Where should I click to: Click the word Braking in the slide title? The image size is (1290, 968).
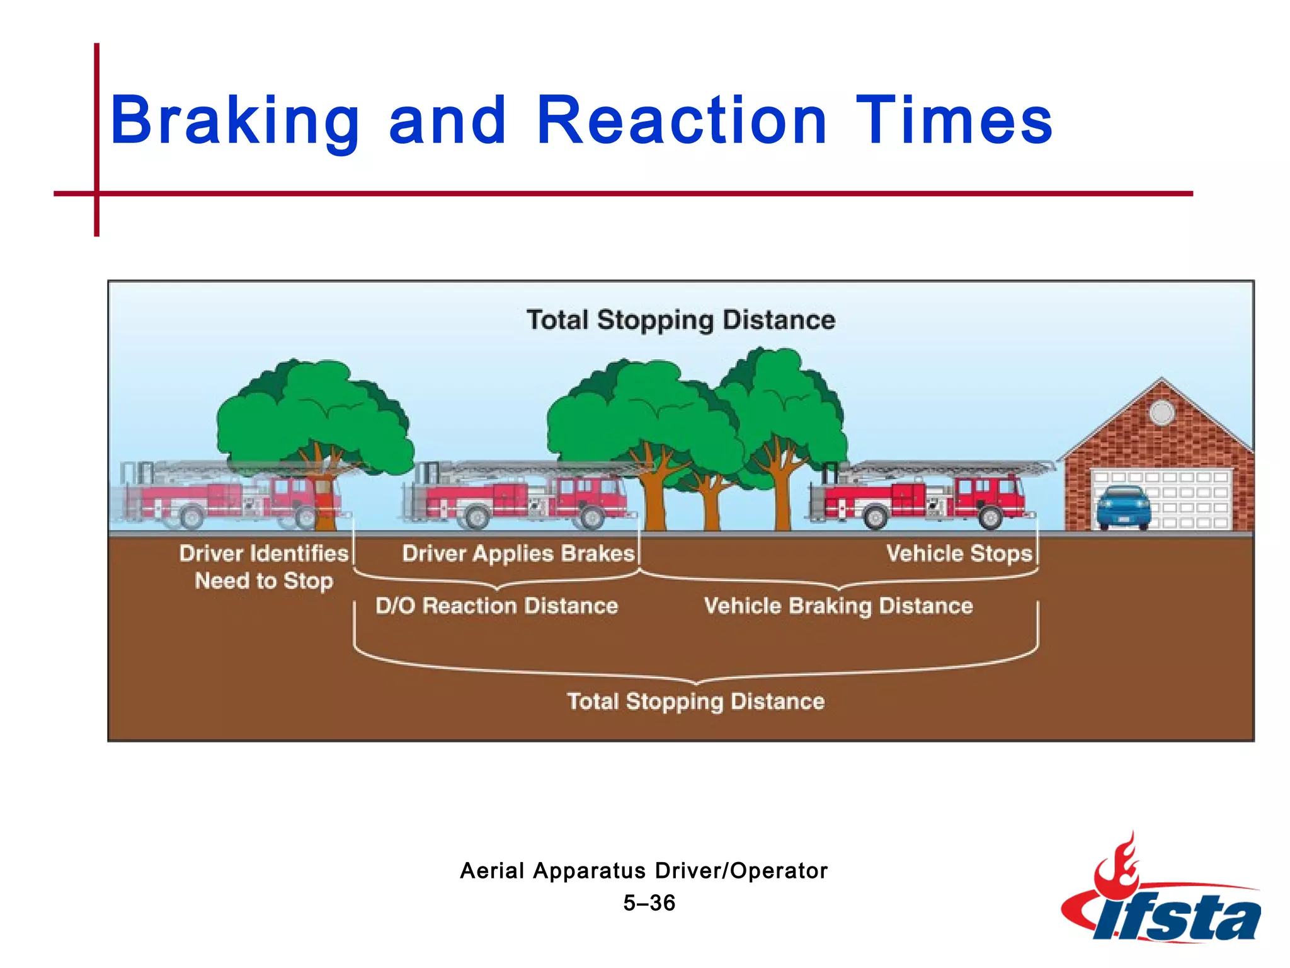click(x=234, y=121)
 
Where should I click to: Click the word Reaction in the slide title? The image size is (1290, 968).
click(x=682, y=120)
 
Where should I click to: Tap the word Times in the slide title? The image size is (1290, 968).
click(x=954, y=120)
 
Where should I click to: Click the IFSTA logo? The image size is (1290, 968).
click(x=1162, y=895)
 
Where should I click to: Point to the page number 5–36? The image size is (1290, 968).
click(x=649, y=902)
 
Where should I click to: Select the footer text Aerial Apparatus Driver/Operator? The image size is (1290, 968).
click(x=644, y=870)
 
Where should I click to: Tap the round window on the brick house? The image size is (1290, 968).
click(x=1162, y=413)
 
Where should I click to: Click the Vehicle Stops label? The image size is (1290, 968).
click(x=959, y=553)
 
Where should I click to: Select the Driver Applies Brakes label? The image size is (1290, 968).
click(x=518, y=553)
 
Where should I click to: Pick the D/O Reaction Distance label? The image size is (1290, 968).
click(x=496, y=606)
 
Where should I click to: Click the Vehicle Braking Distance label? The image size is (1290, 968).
click(x=838, y=606)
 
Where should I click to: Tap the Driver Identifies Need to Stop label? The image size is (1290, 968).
click(x=263, y=567)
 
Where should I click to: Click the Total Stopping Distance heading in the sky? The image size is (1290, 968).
click(x=681, y=320)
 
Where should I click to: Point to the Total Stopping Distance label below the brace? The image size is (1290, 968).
click(x=695, y=701)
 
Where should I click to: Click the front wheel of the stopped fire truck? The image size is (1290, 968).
click(x=990, y=518)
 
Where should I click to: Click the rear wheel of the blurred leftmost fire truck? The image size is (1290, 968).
click(x=190, y=518)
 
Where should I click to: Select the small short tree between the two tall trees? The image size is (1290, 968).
click(x=711, y=498)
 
